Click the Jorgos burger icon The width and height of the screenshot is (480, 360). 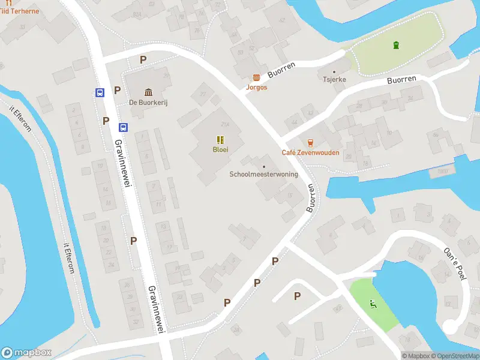[x=257, y=77]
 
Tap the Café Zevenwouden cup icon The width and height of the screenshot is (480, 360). [x=310, y=142]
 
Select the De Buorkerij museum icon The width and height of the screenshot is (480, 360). [x=148, y=92]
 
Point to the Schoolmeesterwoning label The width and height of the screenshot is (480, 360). [x=263, y=174]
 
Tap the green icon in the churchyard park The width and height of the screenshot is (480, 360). [x=395, y=45]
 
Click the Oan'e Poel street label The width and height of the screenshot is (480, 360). [x=454, y=263]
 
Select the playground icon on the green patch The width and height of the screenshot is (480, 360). [x=373, y=304]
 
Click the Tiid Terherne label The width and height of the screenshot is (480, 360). [x=19, y=11]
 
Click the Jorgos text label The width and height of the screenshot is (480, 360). [x=257, y=87]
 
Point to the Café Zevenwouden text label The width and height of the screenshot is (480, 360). [x=310, y=152]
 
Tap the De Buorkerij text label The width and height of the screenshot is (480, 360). [x=148, y=103]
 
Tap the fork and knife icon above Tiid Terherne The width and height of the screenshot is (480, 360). [x=8, y=2]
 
